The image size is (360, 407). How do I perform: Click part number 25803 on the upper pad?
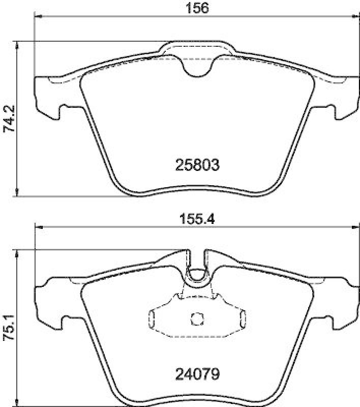tap(197, 165)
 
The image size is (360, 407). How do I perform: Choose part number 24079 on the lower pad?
tap(197, 375)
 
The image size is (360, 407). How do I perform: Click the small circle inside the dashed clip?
tap(196, 319)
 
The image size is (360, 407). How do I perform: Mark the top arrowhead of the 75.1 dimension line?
tap(18, 253)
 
